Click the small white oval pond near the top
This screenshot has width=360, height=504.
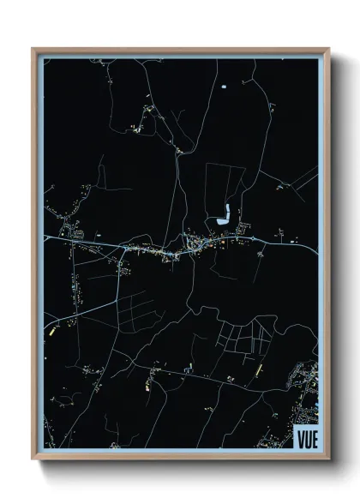pos(225,87)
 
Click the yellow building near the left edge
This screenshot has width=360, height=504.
pos(51,328)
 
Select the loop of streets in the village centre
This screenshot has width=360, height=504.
pos(193,250)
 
